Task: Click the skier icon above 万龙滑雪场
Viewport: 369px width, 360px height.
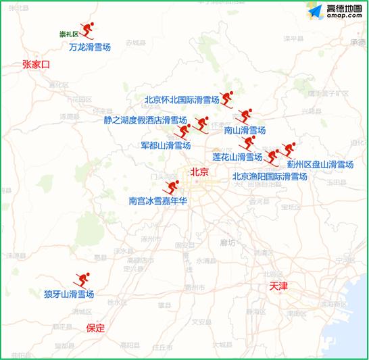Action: click(89, 30)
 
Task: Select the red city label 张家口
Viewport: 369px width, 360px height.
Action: click(36, 65)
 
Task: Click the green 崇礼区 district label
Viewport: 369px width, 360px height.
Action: click(69, 34)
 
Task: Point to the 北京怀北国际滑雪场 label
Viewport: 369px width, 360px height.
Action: click(182, 100)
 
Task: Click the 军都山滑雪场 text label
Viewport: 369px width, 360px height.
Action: click(166, 145)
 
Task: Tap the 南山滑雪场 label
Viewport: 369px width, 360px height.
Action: click(245, 130)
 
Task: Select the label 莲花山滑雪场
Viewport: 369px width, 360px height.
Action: click(237, 157)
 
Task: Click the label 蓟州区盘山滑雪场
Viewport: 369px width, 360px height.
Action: click(320, 164)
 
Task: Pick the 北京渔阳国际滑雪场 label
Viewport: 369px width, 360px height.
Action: click(269, 176)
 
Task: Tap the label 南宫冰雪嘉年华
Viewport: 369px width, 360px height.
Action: click(158, 201)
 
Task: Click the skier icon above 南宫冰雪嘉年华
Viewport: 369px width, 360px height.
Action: click(173, 186)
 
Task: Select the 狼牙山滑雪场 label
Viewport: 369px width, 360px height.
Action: click(69, 294)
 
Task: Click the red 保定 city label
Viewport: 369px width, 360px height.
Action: click(96, 328)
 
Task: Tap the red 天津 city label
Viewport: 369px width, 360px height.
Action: click(278, 286)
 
